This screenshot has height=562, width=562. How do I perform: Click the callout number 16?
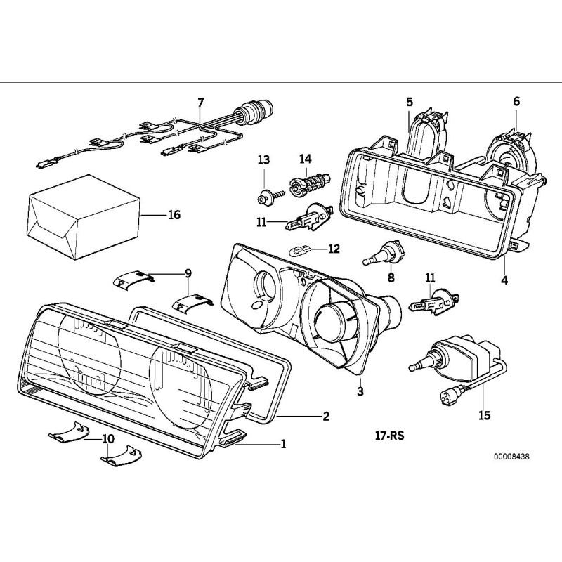pyautogui.click(x=174, y=214)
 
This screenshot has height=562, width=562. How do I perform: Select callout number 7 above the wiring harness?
pyautogui.click(x=200, y=103)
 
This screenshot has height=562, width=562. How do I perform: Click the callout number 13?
pyautogui.click(x=263, y=161)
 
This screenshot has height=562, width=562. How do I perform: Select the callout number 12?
pyautogui.click(x=333, y=249)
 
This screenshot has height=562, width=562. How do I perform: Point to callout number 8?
pyautogui.click(x=391, y=277)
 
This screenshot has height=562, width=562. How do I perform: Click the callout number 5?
pyautogui.click(x=410, y=103)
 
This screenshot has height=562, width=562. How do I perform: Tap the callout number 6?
pyautogui.click(x=516, y=101)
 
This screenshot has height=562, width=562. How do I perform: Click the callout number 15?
pyautogui.click(x=483, y=415)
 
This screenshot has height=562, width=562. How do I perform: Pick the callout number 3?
pyautogui.click(x=360, y=391)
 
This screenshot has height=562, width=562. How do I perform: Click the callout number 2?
pyautogui.click(x=325, y=416)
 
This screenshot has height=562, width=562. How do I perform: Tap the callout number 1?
pyautogui.click(x=283, y=444)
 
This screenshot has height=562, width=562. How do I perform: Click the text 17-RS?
pyautogui.click(x=390, y=435)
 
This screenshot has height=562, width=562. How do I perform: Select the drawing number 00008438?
pyautogui.click(x=511, y=456)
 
